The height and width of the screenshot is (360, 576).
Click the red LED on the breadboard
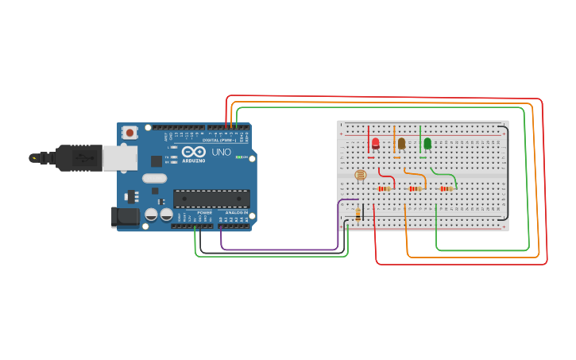pyautogui.click(x=375, y=143)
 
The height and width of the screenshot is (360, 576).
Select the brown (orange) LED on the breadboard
pyautogui.click(x=401, y=143)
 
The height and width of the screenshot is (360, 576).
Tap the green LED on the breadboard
pyautogui.click(x=427, y=143)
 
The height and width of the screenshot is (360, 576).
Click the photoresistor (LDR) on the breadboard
pyautogui.click(x=359, y=174)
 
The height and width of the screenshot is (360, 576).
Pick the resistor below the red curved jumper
pyautogui.click(x=385, y=188)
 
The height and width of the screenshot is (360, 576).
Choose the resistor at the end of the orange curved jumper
pyautogui.click(x=415, y=188)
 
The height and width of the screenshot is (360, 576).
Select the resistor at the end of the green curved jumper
pyautogui.click(x=446, y=188)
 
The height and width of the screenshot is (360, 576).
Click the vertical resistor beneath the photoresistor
pyautogui.click(x=358, y=213)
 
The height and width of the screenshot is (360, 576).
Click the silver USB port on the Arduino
pyautogui.click(x=119, y=157)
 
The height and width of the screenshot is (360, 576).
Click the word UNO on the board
pyautogui.click(x=221, y=152)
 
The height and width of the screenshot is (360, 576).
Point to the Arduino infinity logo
pyautogui.click(x=193, y=151)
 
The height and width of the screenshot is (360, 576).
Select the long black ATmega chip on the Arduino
pyautogui.click(x=211, y=199)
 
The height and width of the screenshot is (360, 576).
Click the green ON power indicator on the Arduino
pyautogui.click(x=238, y=157)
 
